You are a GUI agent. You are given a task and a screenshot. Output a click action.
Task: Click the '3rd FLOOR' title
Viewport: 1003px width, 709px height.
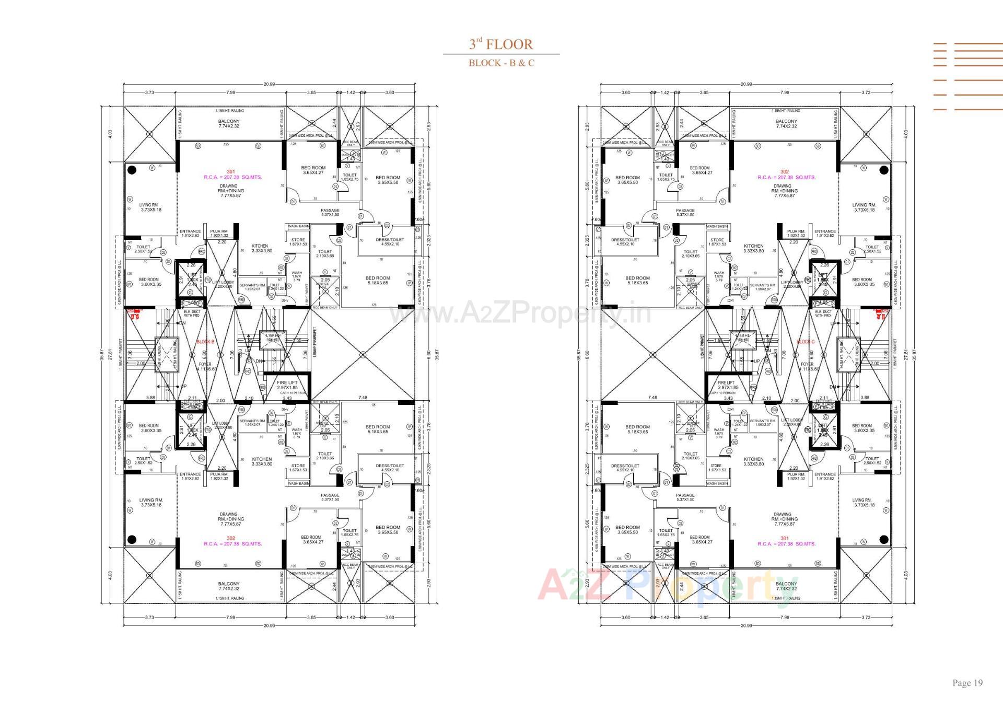(501, 44)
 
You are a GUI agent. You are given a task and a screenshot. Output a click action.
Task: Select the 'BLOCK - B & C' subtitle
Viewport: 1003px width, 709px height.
(501, 63)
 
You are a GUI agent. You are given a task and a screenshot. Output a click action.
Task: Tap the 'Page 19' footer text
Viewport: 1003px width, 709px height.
(967, 682)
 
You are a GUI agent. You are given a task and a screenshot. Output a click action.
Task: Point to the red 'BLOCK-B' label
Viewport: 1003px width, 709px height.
(205, 342)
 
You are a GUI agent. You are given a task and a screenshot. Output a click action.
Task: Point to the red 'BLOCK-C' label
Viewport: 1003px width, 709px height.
(806, 342)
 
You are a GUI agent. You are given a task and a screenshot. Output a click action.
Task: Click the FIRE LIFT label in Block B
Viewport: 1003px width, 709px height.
(287, 383)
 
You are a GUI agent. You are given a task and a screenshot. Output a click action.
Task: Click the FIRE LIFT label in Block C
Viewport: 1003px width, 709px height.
(726, 383)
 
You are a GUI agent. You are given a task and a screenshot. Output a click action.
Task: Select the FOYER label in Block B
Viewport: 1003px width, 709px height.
(205, 364)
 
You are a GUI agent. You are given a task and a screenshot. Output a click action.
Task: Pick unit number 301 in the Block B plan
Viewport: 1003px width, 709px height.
(231, 171)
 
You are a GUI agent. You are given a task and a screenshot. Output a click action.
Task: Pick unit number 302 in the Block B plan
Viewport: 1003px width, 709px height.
(231, 538)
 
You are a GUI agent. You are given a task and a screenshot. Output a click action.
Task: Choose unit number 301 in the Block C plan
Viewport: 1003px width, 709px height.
(784, 538)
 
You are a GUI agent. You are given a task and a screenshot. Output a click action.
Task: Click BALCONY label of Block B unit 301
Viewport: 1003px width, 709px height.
(229, 121)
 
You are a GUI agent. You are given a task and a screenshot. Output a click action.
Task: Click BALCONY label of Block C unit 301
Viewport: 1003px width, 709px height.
(786, 584)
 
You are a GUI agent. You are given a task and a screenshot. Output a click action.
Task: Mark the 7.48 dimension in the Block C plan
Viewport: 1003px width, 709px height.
(652, 398)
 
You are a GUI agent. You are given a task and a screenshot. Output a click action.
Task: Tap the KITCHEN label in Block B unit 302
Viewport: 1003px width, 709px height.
(262, 459)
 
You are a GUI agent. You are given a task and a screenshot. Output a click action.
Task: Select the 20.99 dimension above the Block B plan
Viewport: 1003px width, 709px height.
(269, 84)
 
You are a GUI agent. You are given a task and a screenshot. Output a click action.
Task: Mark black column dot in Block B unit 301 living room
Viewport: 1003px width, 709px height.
(132, 170)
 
